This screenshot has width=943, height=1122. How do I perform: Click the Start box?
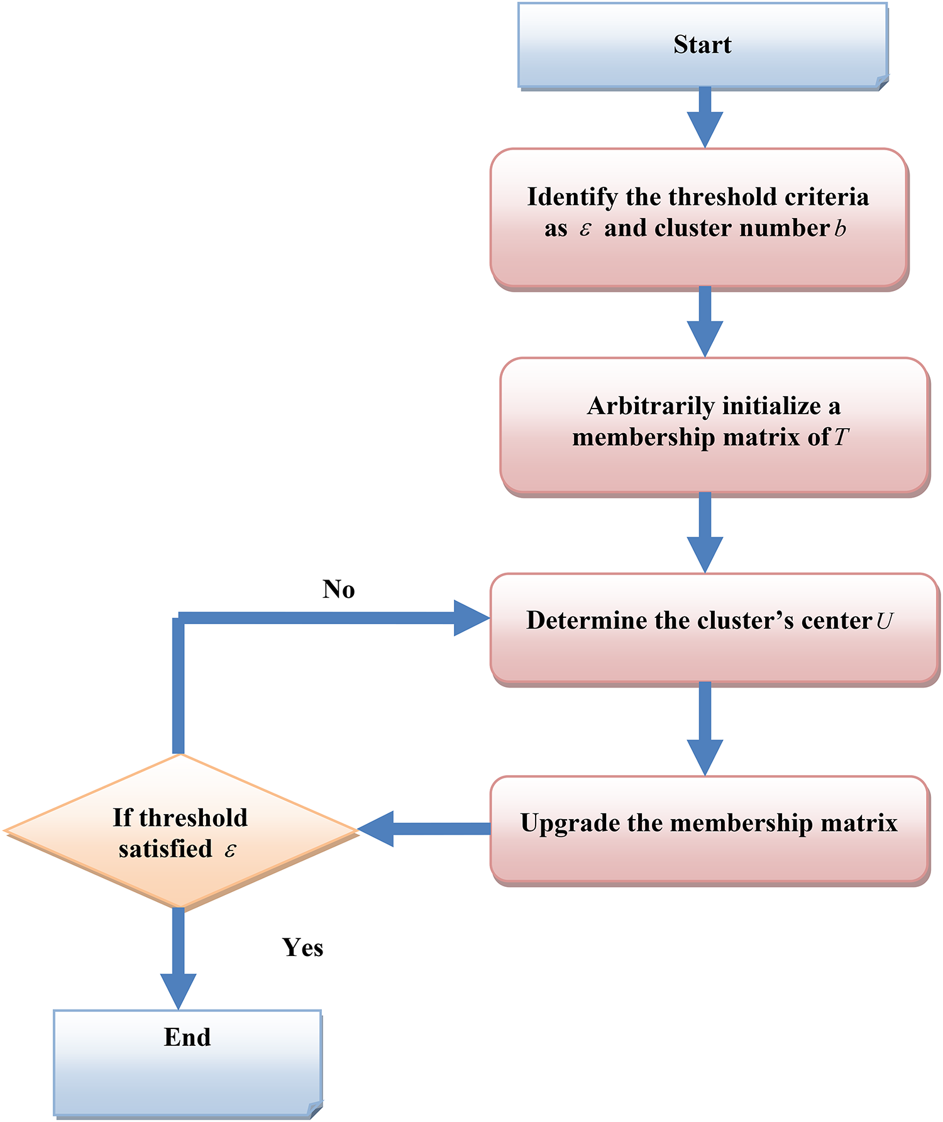(x=702, y=45)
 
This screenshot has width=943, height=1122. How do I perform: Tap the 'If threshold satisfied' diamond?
(x=180, y=831)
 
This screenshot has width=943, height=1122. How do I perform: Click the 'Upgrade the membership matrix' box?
(x=709, y=829)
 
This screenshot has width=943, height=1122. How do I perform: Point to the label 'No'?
(x=338, y=589)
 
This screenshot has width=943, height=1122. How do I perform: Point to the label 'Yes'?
(x=302, y=947)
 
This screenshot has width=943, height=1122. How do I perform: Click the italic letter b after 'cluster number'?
(x=840, y=229)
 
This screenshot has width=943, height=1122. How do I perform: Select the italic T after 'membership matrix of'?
(x=841, y=437)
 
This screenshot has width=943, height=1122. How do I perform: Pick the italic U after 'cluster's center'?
(x=884, y=621)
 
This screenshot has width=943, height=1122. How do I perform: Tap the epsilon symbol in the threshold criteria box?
(x=585, y=229)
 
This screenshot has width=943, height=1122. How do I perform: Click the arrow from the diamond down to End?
(x=179, y=959)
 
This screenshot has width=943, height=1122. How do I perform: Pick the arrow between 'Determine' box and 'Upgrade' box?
(x=705, y=729)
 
